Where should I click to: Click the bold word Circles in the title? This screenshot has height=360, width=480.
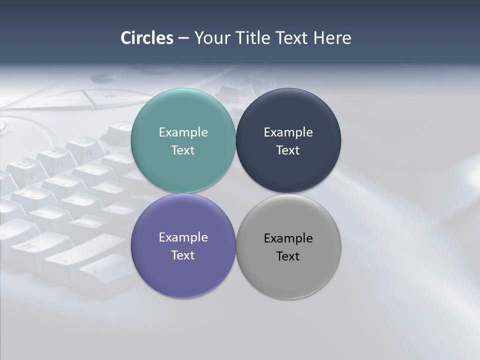click(147, 38)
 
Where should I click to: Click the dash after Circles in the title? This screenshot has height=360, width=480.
click(183, 38)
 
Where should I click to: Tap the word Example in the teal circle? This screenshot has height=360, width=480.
click(183, 132)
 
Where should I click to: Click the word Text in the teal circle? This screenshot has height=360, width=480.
click(183, 150)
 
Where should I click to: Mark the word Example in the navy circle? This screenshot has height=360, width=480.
click(288, 132)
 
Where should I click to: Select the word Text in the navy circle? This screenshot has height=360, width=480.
click(288, 150)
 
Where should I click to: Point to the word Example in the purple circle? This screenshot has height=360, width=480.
click(183, 237)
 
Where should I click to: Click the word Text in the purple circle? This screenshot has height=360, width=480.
click(183, 255)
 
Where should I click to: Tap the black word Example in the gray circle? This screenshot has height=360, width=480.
click(288, 238)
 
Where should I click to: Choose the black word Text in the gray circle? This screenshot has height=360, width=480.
click(288, 256)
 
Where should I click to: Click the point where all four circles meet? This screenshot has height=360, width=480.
click(236, 193)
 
